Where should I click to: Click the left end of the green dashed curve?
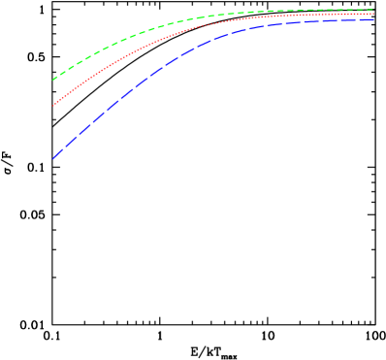53,80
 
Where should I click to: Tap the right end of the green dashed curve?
373,10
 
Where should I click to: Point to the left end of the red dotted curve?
53,106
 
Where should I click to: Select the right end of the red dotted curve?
373,15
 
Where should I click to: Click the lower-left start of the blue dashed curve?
53,158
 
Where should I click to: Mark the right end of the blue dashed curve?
373,20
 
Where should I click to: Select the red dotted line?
145,46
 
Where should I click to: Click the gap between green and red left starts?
53,93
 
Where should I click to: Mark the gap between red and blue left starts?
53,132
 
